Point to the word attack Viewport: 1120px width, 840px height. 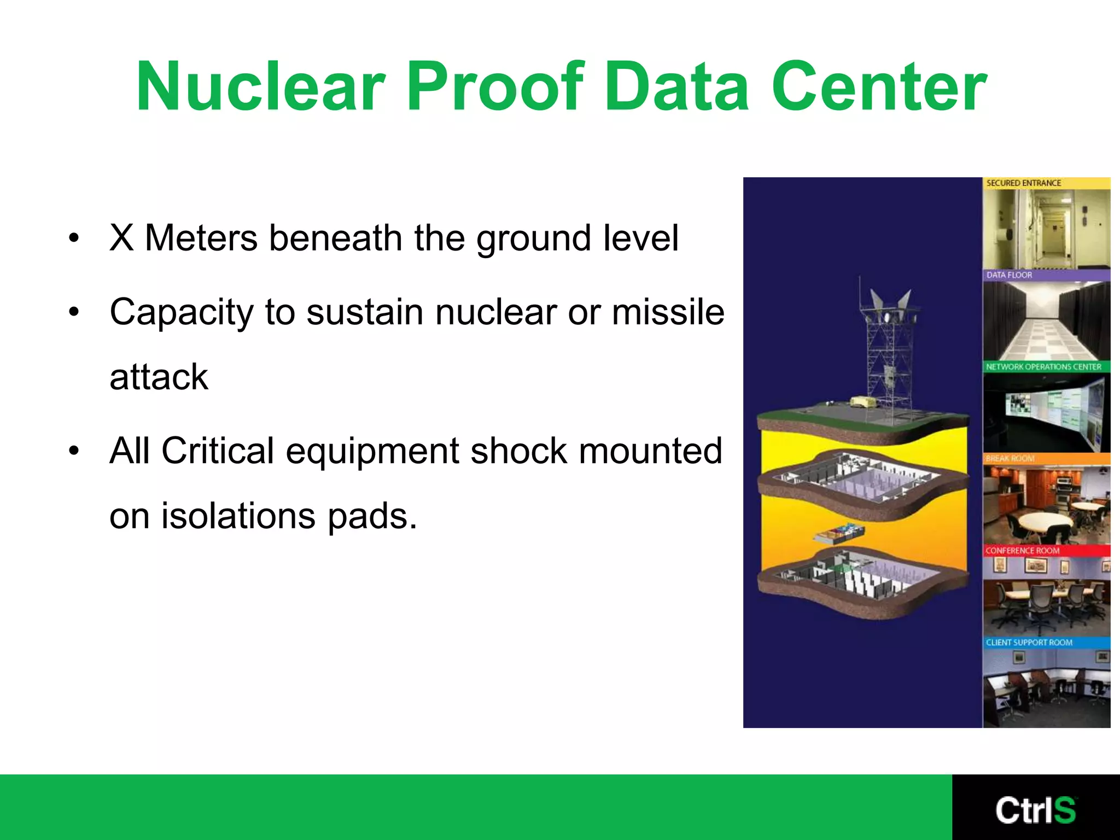[159, 377]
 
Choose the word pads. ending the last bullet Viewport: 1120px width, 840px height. [372, 516]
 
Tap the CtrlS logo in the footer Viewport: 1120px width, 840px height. [1035, 810]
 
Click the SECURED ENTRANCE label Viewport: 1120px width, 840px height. [1023, 183]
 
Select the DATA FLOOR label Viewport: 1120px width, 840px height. [1009, 275]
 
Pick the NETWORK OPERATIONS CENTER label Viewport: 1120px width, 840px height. [1043, 367]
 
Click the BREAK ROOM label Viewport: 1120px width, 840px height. [1010, 458]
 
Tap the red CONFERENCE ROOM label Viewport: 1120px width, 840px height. [1022, 551]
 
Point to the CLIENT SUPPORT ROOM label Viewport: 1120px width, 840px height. [1029, 643]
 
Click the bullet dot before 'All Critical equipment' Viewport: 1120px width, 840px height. [74, 451]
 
